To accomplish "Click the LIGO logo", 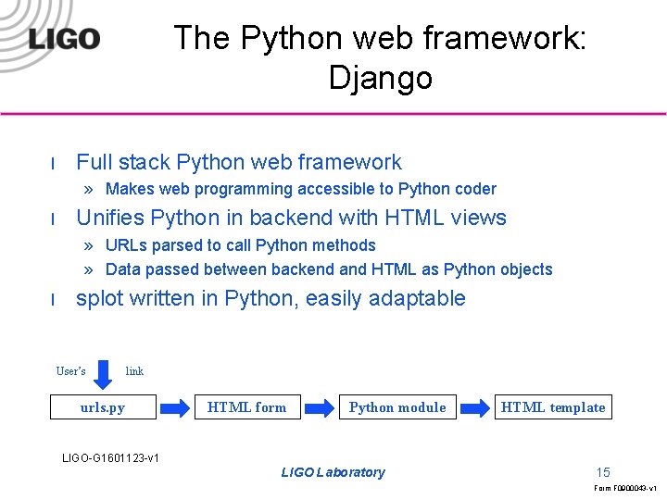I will (64, 38).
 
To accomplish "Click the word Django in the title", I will (380, 78).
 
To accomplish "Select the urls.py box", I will (102, 407).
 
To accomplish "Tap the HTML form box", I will (246, 407).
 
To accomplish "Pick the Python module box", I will (397, 407).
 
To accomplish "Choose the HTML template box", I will (553, 407).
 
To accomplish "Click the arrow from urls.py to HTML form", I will (173, 407).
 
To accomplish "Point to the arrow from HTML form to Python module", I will (319, 407).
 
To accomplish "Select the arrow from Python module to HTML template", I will (475, 407).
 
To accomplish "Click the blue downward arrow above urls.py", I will (105, 372).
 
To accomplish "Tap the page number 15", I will (603, 472).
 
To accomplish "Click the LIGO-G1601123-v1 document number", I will (110, 457).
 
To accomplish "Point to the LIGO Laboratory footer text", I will (333, 472).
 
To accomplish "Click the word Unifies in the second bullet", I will (109, 219).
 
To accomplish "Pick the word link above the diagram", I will (134, 371).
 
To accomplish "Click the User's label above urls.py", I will (71, 371).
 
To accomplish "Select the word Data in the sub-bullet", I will (123, 269).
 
